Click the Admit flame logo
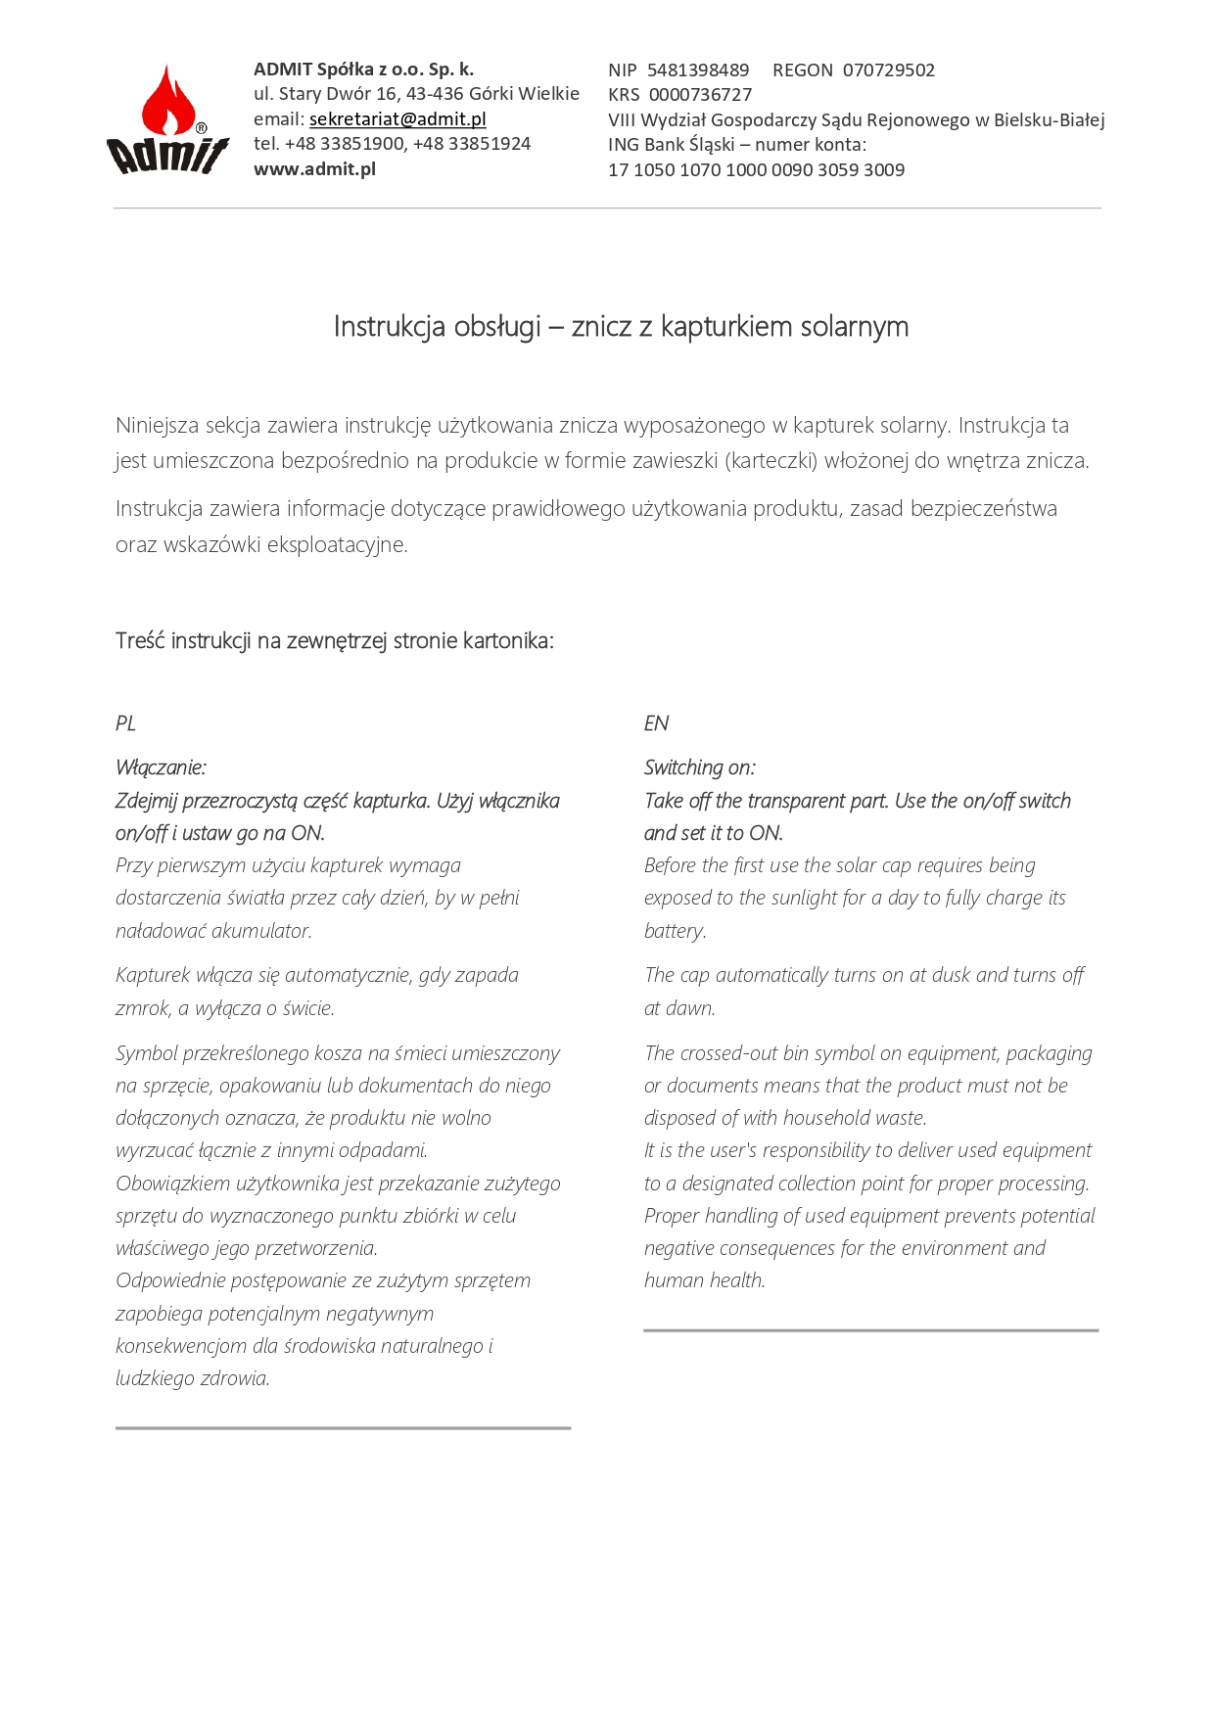(167, 120)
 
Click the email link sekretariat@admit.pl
(397, 119)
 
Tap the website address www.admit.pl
(314, 169)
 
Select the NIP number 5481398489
(698, 70)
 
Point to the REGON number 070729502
(888, 70)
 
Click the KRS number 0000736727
(700, 95)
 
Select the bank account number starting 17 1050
(756, 170)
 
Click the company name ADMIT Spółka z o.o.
(363, 70)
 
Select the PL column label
(125, 723)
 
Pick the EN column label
(656, 723)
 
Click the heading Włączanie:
(161, 767)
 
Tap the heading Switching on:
(699, 767)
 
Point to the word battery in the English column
(674, 931)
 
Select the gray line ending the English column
(870, 1330)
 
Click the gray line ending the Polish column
(343, 1428)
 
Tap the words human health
(704, 1280)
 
